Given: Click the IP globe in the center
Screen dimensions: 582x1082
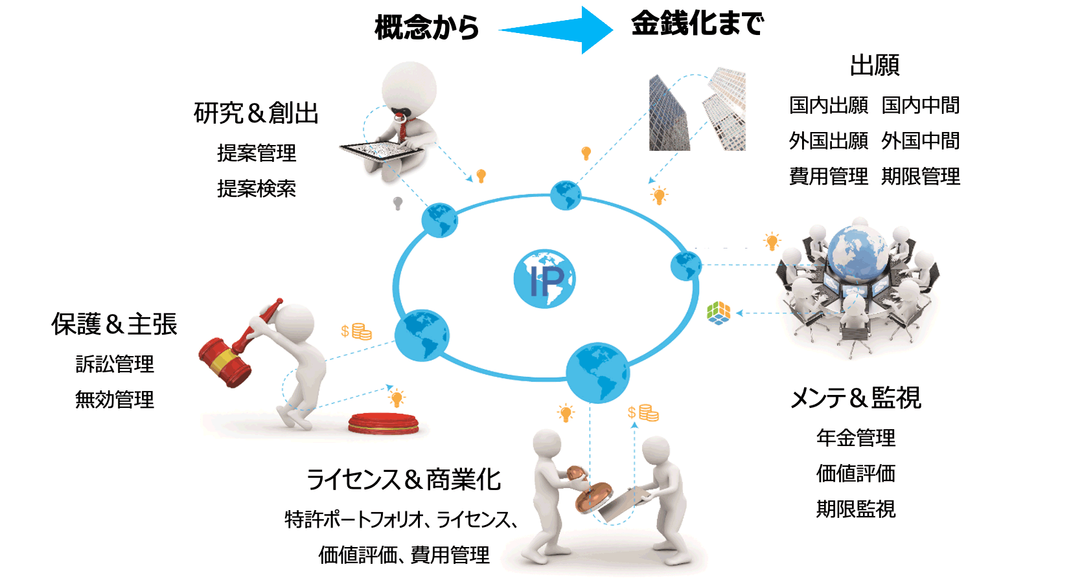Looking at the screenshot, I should (x=544, y=279).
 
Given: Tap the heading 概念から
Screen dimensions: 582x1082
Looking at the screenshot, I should (x=426, y=28).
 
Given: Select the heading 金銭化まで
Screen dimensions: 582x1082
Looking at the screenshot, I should (x=697, y=24).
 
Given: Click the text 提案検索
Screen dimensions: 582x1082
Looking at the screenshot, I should (x=257, y=188).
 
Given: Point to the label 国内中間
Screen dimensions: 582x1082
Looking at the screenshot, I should (x=920, y=105).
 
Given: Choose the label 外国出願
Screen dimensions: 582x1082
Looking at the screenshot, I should (x=828, y=140).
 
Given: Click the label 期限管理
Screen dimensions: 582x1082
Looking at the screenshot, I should (x=920, y=176).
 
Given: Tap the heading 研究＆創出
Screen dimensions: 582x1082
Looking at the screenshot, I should (x=256, y=113).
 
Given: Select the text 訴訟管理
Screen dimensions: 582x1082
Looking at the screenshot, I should (x=115, y=364).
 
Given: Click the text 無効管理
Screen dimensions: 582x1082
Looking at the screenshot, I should (x=115, y=399).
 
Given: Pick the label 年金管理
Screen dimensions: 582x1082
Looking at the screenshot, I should (x=855, y=438).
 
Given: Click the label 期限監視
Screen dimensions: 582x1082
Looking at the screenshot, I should (x=855, y=509).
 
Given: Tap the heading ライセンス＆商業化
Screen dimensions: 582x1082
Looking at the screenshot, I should (x=403, y=480).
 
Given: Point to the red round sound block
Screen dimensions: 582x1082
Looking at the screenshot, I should (x=383, y=423).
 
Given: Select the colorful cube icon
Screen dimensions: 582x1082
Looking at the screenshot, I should (x=718, y=313).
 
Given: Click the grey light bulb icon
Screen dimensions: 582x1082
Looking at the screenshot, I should (x=398, y=203).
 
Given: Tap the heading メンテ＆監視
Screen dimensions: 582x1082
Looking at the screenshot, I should (x=855, y=397).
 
